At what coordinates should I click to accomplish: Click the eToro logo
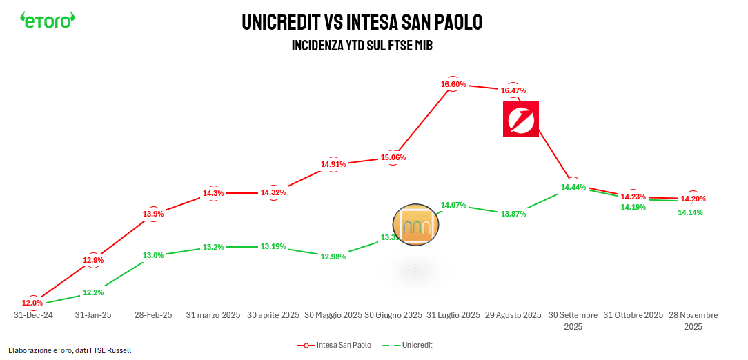(x=47, y=20)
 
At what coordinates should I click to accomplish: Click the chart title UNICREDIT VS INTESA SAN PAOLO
(x=362, y=22)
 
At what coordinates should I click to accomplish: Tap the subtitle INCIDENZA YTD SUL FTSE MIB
(x=362, y=46)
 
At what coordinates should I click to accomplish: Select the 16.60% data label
(x=453, y=84)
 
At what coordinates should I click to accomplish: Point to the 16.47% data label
(x=513, y=90)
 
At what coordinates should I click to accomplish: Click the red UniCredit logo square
(x=521, y=119)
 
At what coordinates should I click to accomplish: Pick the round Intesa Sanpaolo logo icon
(x=416, y=225)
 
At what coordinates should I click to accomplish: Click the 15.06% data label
(x=393, y=157)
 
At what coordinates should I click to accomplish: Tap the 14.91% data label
(x=333, y=164)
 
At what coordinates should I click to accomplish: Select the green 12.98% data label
(x=333, y=257)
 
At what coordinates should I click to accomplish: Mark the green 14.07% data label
(x=453, y=205)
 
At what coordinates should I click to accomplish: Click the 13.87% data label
(x=513, y=214)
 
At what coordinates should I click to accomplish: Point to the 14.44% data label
(x=573, y=187)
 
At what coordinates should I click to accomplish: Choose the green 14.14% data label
(x=691, y=212)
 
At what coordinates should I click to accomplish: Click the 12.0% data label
(x=32, y=303)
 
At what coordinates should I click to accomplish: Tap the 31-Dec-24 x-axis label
(x=33, y=314)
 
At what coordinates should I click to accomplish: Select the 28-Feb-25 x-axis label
(x=153, y=314)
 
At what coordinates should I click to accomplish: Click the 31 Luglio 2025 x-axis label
(x=453, y=314)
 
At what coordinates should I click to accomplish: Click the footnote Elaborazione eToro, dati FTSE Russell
(x=70, y=350)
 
